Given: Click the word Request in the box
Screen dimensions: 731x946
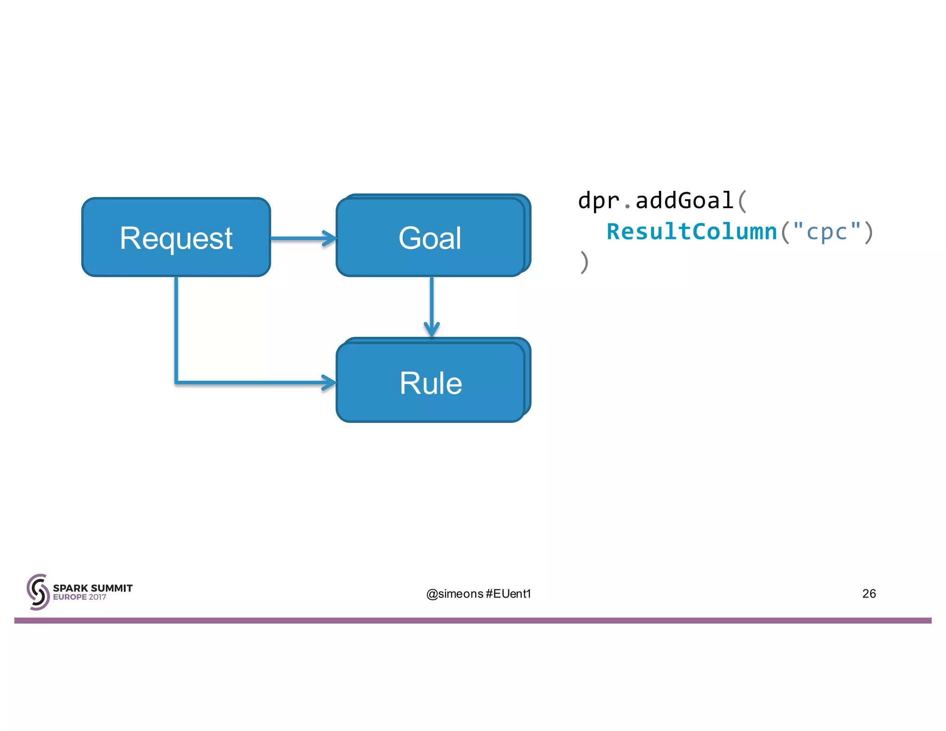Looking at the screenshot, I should (x=176, y=238).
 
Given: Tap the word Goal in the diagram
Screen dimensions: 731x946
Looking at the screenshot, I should (x=430, y=238).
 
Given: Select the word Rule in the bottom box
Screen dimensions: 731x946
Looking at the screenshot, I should (x=431, y=384).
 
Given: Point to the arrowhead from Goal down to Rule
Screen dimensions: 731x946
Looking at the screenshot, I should (x=431, y=330).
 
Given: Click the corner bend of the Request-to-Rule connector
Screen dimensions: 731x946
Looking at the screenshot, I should (x=176, y=382).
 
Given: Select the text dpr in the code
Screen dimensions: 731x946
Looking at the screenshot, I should (x=598, y=201).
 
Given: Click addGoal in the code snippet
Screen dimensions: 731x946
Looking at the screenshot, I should (x=685, y=201).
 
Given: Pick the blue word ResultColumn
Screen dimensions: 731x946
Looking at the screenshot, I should (x=691, y=231).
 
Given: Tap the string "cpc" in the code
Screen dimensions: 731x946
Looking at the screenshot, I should (x=827, y=231).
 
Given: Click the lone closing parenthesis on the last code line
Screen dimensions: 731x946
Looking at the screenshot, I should (x=584, y=262).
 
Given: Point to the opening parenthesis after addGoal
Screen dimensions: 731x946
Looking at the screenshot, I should (x=742, y=201).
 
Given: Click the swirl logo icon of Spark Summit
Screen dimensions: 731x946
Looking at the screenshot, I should (x=38, y=592).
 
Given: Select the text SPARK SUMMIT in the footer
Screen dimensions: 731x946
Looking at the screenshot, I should (x=92, y=588).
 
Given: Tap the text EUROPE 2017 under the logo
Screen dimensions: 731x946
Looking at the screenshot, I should (x=79, y=597).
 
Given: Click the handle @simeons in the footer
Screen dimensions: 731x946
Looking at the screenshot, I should (x=455, y=594).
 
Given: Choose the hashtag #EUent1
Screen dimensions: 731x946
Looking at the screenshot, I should (x=509, y=594).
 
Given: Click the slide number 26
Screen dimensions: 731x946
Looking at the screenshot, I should (x=869, y=594).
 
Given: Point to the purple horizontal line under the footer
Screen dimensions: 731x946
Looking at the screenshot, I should (x=473, y=621).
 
